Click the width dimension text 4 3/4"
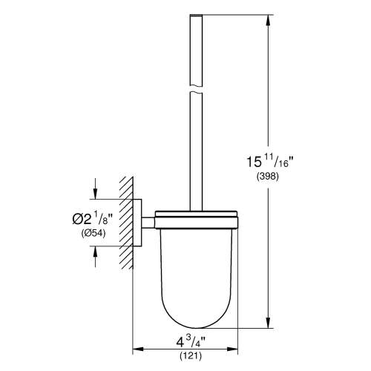pos(188,345)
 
